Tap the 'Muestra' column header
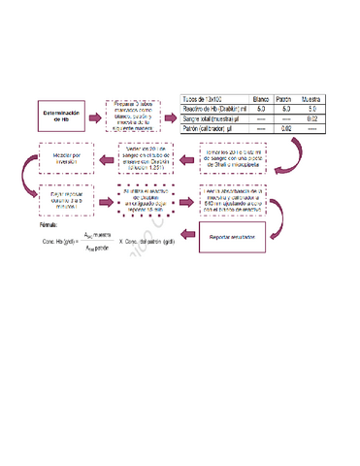(x=311, y=99)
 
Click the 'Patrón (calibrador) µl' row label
(x=213, y=128)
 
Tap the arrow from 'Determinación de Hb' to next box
(x=94, y=113)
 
